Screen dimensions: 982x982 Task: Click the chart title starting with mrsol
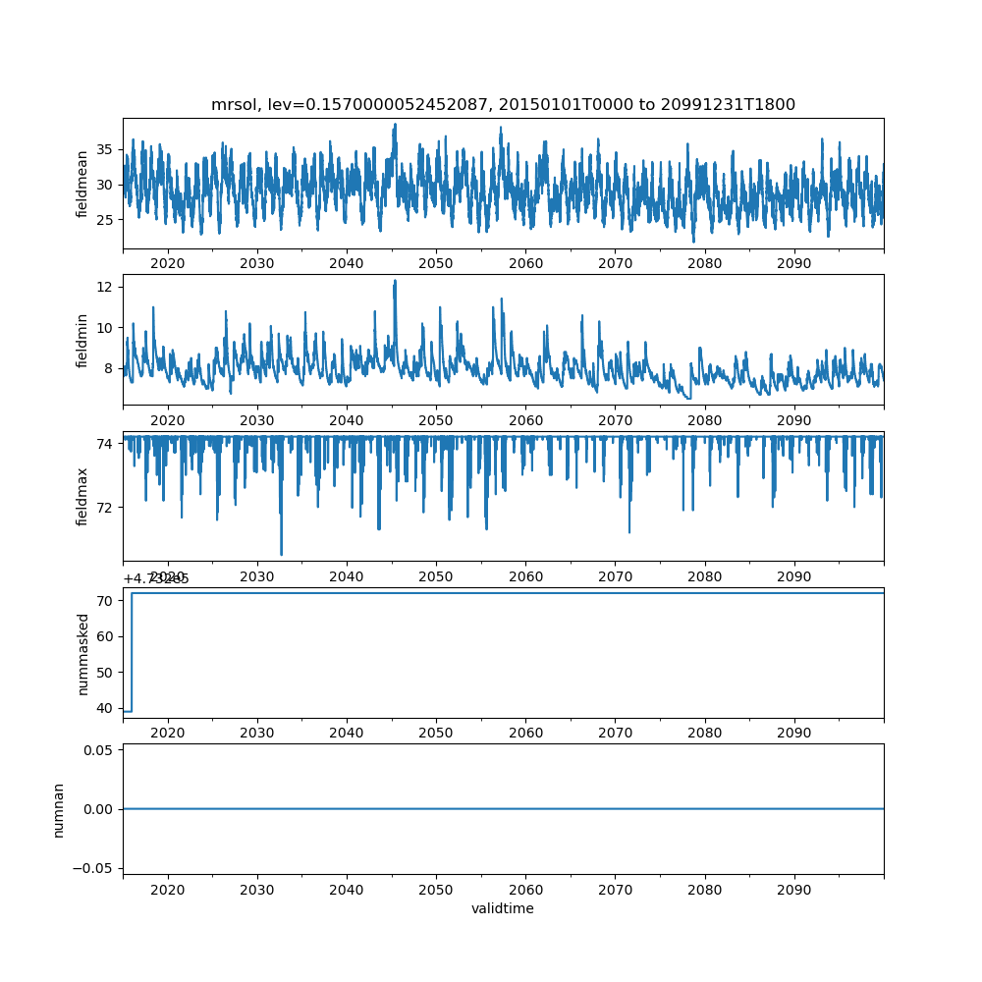[x=503, y=104]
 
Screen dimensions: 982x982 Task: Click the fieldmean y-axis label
[x=82, y=184]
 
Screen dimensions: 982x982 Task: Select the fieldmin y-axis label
[x=82, y=340]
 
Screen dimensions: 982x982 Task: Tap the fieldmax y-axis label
[x=82, y=496]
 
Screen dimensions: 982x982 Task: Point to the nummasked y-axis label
[x=82, y=653]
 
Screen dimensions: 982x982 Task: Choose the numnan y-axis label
[x=59, y=809]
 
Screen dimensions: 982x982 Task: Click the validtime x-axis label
[x=503, y=908]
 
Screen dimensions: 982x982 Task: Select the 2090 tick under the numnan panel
[x=793, y=888]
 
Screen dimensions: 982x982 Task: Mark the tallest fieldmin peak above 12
[x=395, y=281]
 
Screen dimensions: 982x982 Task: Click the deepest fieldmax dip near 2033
[x=281, y=554]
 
